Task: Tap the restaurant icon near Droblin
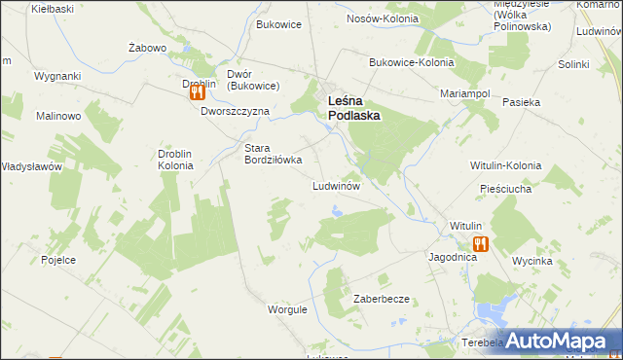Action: [x=196, y=93]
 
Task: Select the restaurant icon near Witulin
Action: [x=479, y=244]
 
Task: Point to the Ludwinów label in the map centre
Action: [x=337, y=185]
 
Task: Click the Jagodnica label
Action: [x=452, y=258]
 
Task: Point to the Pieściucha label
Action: [x=505, y=189]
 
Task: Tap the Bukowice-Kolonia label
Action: [x=412, y=62]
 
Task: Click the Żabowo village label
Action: [x=149, y=47]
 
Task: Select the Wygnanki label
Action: [x=57, y=75]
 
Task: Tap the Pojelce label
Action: [x=59, y=260]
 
